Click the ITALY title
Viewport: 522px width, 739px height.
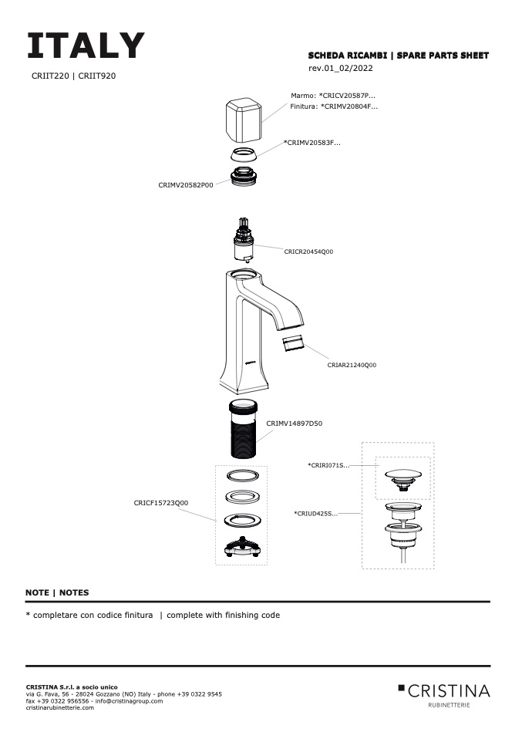86,46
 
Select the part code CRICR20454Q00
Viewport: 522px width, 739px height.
308,251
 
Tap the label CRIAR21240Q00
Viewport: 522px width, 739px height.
352,365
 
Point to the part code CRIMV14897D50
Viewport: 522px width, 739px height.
295,423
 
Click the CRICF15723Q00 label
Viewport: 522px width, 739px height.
161,503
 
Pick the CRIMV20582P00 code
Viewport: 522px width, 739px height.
185,185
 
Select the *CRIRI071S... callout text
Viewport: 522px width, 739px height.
328,465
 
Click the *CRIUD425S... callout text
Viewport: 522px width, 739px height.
315,513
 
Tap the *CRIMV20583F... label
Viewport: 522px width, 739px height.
312,143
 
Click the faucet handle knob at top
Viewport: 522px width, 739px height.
243,120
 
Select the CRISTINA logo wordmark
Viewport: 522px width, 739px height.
448,690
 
